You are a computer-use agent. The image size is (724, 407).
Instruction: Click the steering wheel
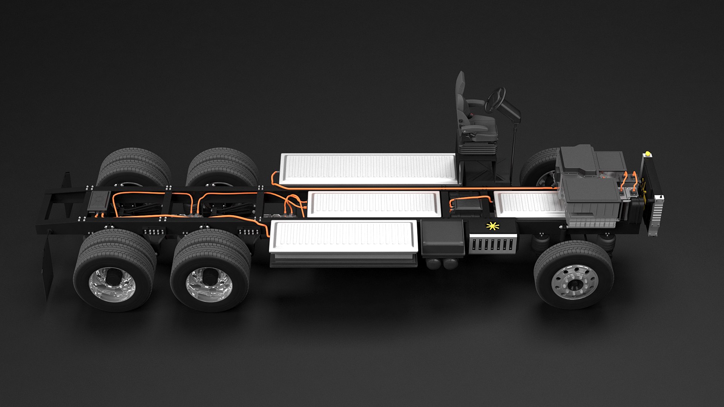(494, 100)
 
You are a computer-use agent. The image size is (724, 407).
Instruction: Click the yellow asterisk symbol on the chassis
(492, 226)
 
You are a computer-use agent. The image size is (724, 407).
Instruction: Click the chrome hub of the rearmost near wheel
(112, 284)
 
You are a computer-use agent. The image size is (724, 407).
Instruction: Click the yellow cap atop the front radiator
(648, 154)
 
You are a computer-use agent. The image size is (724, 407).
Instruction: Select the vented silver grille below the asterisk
(492, 244)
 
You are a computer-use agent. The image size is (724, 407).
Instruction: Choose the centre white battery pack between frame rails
(373, 203)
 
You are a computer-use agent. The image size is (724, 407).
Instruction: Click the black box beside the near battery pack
(442, 237)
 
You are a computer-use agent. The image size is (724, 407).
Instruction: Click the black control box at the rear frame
(99, 200)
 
